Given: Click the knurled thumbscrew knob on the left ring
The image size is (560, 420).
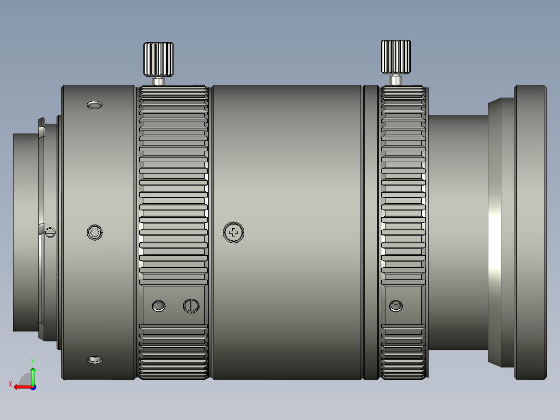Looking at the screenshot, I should (158, 59).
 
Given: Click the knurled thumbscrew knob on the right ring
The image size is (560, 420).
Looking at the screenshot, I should (396, 57).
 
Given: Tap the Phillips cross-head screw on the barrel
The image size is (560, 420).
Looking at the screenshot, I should (234, 232).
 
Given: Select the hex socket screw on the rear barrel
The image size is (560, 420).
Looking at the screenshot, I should (95, 232).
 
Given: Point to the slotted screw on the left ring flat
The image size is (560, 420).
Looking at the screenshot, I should (191, 306).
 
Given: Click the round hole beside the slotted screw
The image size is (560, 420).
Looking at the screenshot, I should (158, 306).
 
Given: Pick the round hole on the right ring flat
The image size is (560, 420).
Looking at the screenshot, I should (396, 306).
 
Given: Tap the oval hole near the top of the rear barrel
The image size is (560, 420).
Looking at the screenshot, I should (95, 105).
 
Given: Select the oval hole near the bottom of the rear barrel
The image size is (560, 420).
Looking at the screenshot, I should (95, 360).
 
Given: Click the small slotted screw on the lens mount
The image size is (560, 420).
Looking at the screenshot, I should (50, 232).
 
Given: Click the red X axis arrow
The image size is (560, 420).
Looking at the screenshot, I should (21, 387).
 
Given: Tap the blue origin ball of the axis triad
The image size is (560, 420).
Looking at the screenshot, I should (33, 387).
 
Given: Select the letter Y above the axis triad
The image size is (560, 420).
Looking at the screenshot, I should (32, 361).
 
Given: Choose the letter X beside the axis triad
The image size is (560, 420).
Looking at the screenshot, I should (10, 384).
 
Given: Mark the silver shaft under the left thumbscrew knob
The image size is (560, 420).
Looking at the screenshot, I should (158, 81).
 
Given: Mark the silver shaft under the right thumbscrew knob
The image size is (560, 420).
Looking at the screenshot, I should (396, 80).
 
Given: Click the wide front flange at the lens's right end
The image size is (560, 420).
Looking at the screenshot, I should (530, 232).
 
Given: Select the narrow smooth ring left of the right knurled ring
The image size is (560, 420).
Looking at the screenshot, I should (370, 232).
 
